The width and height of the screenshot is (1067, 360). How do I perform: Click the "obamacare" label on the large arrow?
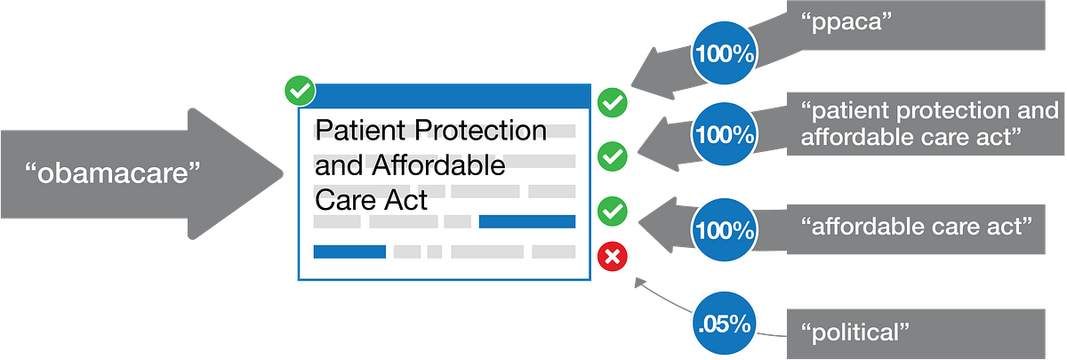coord(112,172)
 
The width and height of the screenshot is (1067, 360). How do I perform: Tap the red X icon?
coord(612,257)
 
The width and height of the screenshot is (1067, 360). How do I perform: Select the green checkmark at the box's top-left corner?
coord(300,91)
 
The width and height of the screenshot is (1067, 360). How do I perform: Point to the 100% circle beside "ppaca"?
coord(724,52)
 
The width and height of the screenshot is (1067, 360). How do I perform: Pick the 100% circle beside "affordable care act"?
coord(724,230)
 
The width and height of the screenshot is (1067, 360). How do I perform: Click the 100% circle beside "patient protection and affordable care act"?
coord(724,134)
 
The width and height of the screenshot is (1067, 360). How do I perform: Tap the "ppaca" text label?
coord(846,22)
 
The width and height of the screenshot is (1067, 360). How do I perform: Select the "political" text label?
coord(855,332)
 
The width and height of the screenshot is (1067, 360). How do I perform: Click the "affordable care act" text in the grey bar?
coord(916,226)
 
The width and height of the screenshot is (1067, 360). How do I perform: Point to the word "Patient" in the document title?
coord(360,130)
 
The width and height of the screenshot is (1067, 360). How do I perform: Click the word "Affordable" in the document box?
coord(438,165)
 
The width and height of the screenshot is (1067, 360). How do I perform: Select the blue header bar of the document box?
coord(445,97)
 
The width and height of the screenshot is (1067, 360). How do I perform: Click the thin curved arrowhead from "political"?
coord(639,283)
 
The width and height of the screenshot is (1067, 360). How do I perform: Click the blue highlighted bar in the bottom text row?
coord(349,252)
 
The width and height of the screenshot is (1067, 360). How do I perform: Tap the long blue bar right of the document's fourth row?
coord(526,221)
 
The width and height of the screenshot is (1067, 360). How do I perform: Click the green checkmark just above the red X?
coord(612,211)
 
